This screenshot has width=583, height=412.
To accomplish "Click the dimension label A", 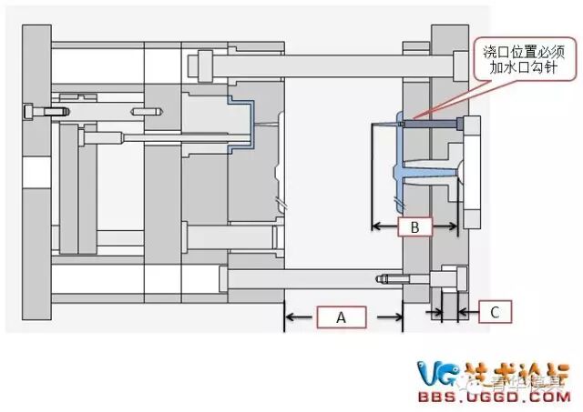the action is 342,317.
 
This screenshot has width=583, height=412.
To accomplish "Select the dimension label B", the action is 414,227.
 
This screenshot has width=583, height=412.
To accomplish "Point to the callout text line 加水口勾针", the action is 515,70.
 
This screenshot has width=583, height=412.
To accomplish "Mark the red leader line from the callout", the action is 446,98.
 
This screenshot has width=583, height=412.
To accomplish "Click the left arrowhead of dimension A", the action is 291,317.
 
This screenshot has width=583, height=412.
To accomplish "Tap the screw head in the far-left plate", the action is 34,111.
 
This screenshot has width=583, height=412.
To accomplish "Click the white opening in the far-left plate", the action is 35,170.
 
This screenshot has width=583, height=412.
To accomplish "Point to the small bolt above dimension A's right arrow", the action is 388,278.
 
